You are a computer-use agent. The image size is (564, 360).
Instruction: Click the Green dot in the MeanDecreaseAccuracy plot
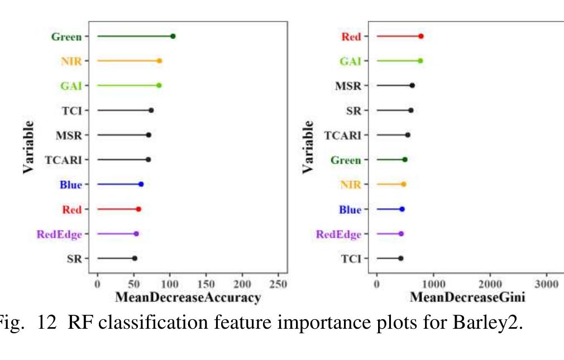coord(173,36)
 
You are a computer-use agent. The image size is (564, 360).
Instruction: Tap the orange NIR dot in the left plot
coord(159,61)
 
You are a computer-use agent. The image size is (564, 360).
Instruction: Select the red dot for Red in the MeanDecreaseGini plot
coord(420,36)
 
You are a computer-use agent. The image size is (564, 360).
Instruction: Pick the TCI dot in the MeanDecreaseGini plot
coord(400,258)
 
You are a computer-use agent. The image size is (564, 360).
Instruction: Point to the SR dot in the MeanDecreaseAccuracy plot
coord(135,258)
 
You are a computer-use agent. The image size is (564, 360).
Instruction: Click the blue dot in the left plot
coord(141,184)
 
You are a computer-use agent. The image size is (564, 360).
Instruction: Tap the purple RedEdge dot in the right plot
coord(401,234)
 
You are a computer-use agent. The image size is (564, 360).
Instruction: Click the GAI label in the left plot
coord(71,86)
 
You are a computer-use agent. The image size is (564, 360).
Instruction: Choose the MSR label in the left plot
coord(69,135)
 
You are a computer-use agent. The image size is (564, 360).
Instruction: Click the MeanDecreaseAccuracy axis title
coord(188,297)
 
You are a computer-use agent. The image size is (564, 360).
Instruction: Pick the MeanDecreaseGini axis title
coord(467,297)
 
